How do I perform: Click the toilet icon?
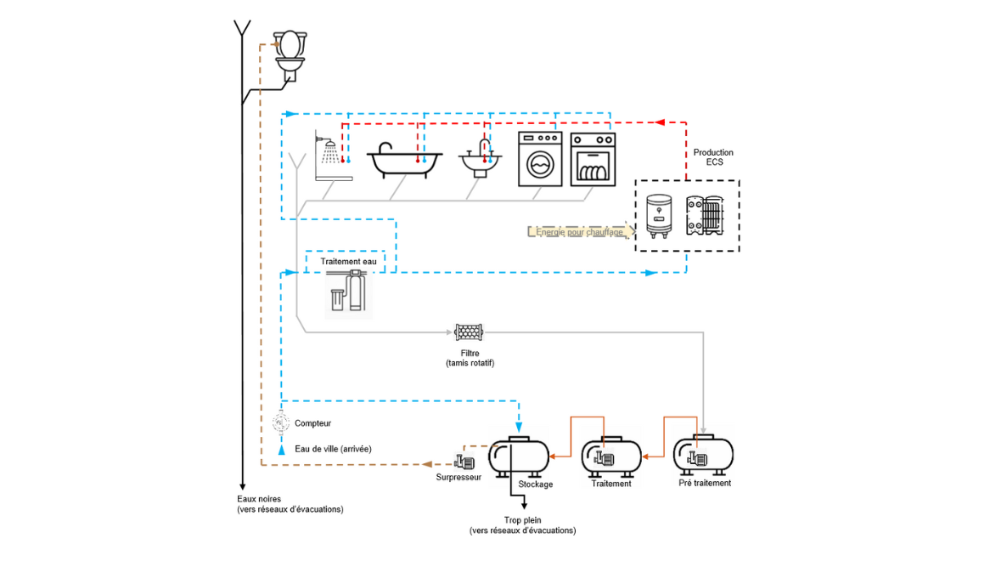click(290, 55)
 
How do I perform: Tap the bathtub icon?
click(404, 161)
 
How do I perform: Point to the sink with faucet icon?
click(480, 156)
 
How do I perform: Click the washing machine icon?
click(540, 159)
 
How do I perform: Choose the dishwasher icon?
click(593, 159)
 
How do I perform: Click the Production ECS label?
click(713, 157)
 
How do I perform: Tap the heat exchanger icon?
click(708, 216)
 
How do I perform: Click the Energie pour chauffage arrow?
click(581, 231)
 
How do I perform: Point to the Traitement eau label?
click(348, 262)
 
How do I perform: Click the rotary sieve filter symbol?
click(469, 332)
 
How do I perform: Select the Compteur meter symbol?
click(281, 422)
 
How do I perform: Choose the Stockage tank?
click(518, 457)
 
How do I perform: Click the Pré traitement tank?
click(703, 456)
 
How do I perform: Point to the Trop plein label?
click(522, 524)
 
